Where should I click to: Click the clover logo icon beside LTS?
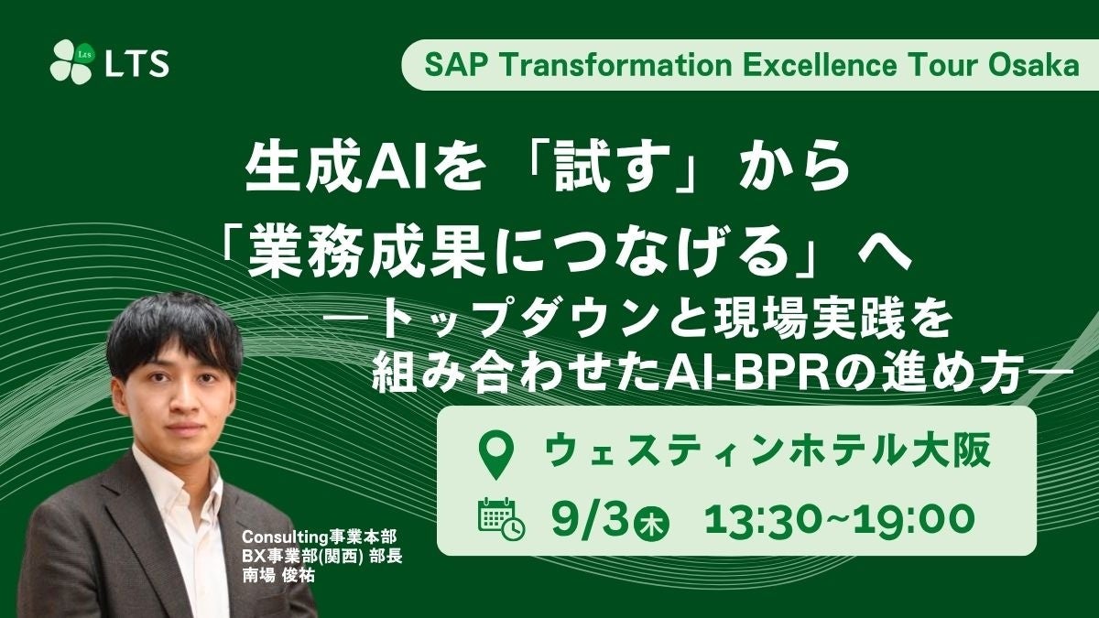tap(71, 62)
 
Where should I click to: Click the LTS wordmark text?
tap(137, 64)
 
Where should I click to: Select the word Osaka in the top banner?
tap(1034, 65)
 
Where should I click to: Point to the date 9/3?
tap(589, 519)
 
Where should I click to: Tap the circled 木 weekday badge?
tap(651, 524)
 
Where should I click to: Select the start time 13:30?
tap(767, 519)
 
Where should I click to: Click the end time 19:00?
tap(914, 519)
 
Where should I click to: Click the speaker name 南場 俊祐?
tap(278, 575)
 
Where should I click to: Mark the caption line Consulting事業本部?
tap(319, 537)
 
